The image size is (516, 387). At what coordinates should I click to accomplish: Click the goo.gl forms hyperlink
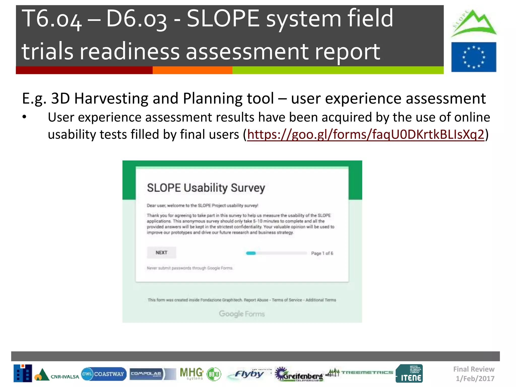[x=365, y=135]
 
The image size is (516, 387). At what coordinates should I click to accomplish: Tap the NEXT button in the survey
[x=161, y=253]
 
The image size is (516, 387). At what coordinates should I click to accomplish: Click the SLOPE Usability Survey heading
[x=206, y=188]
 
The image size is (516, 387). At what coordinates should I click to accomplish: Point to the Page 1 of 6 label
[x=322, y=253]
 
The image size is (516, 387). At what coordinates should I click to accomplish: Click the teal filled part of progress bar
[x=251, y=253]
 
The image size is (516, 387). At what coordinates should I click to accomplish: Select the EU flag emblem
[x=474, y=57]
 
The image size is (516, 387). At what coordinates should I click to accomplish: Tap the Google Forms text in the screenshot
[x=242, y=314]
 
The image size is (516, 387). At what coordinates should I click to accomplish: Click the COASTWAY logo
[x=104, y=374]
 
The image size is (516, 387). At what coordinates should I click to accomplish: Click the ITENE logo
[x=409, y=373]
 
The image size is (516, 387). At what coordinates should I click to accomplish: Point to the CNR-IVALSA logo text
[x=65, y=377]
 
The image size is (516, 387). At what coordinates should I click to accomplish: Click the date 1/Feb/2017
[x=475, y=378]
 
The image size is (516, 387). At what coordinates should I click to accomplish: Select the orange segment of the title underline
[x=192, y=70]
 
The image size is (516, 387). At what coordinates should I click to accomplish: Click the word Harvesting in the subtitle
[x=111, y=99]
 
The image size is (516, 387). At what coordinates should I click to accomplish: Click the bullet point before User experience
[x=24, y=117]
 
